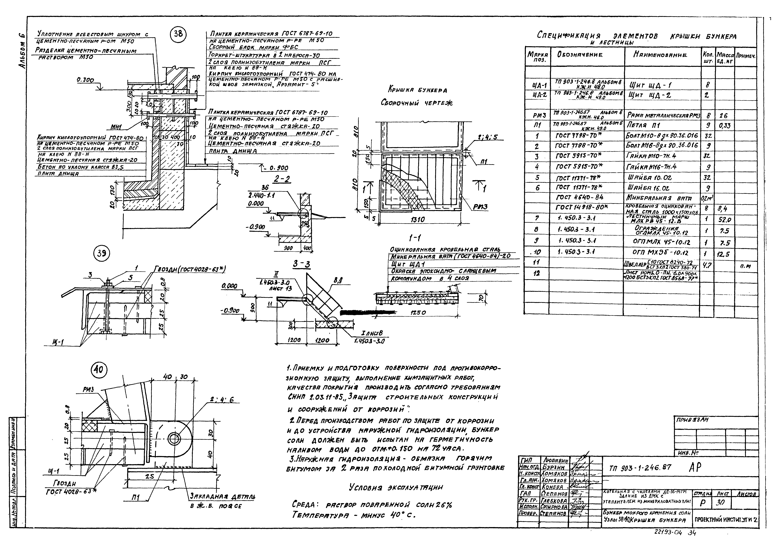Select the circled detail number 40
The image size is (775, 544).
coord(99,370)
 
